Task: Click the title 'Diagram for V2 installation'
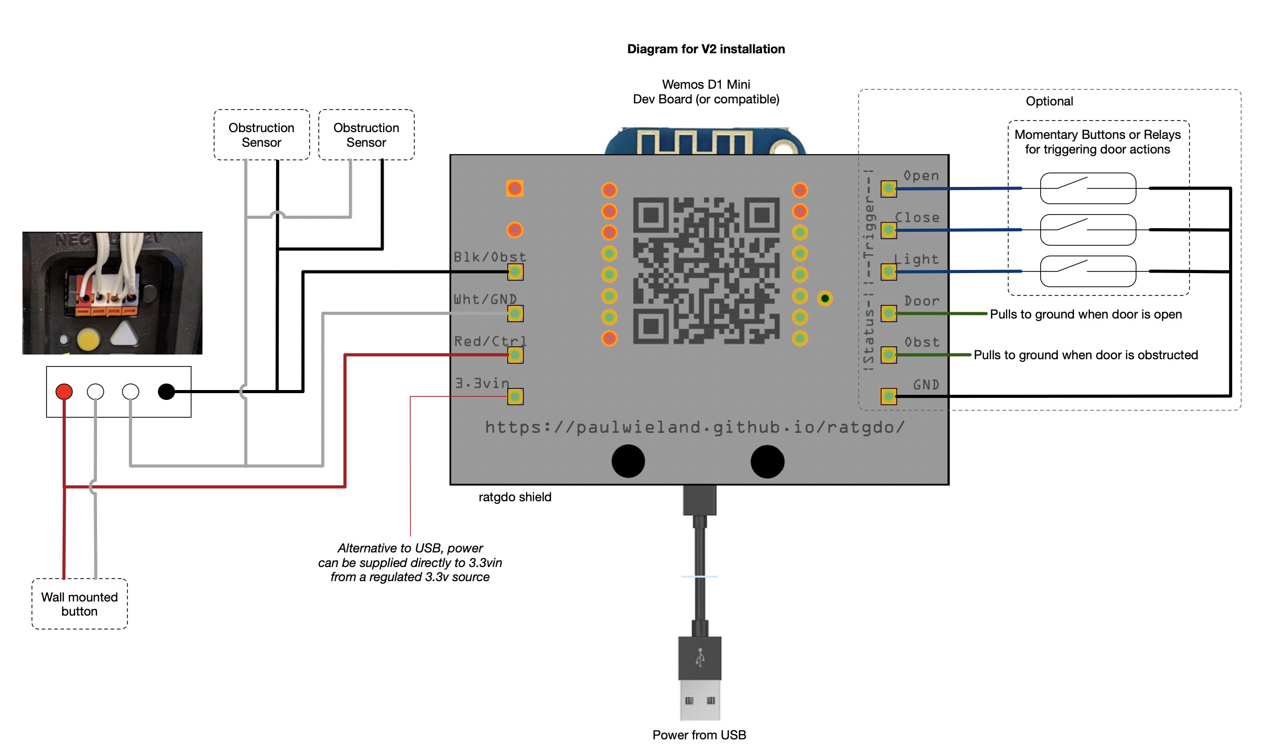pyautogui.click(x=706, y=49)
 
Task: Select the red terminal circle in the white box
pyautogui.click(x=64, y=391)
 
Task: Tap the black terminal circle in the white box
pyautogui.click(x=166, y=391)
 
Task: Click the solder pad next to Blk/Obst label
pyautogui.click(x=515, y=272)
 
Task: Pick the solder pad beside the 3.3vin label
pyautogui.click(x=515, y=397)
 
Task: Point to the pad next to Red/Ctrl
pyautogui.click(x=515, y=355)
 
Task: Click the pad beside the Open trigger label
pyautogui.click(x=888, y=188)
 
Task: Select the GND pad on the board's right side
pyautogui.click(x=888, y=396)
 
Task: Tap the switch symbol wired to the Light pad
pyautogui.click(x=1088, y=271)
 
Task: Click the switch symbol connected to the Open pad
pyautogui.click(x=1088, y=188)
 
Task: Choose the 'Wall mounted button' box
pyautogui.click(x=79, y=604)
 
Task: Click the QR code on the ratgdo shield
pyautogui.click(x=706, y=270)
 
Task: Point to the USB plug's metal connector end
pyautogui.click(x=699, y=700)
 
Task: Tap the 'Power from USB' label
pyautogui.click(x=699, y=735)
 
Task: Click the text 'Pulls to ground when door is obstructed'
pyautogui.click(x=1086, y=355)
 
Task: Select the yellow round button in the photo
pyautogui.click(x=88, y=339)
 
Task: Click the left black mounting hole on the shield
pyautogui.click(x=628, y=461)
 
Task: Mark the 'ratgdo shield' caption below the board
pyautogui.click(x=515, y=497)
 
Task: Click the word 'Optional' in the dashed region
pyautogui.click(x=1049, y=101)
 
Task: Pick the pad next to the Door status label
pyautogui.click(x=888, y=313)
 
